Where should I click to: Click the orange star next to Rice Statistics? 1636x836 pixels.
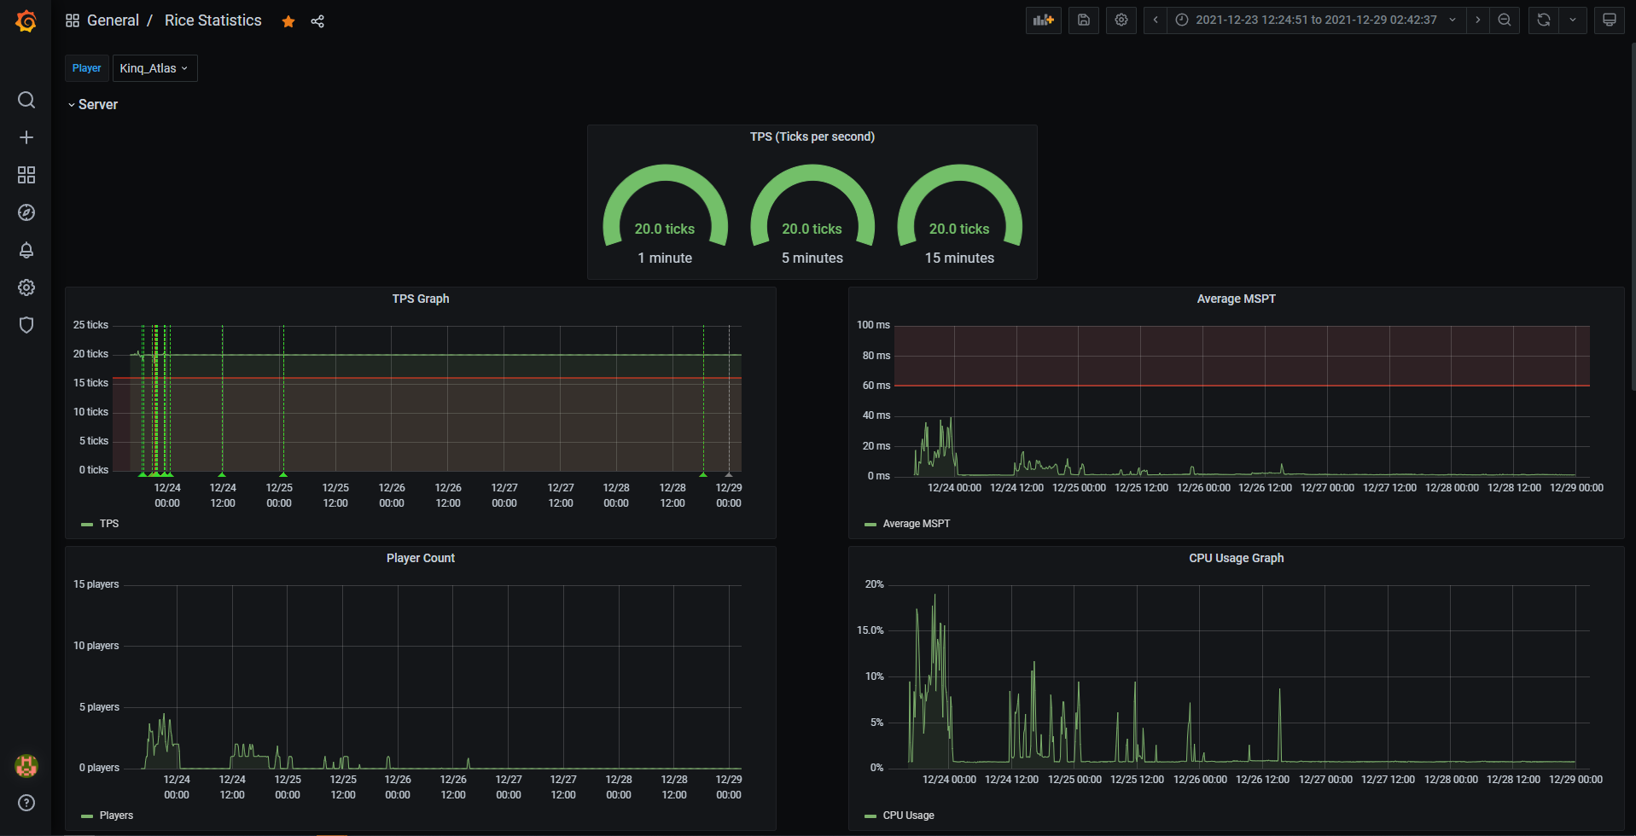point(288,21)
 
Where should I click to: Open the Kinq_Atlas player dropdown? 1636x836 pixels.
point(154,68)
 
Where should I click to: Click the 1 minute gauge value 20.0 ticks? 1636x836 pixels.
point(665,229)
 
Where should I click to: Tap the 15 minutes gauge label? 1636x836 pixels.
point(959,258)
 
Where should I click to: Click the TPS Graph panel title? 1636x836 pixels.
point(421,299)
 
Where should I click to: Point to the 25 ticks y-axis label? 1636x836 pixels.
point(90,325)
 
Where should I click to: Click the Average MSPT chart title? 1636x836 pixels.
point(1236,299)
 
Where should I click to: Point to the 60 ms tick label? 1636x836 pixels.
point(876,386)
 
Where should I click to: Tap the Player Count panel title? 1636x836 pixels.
point(421,558)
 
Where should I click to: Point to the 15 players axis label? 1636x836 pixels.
point(96,584)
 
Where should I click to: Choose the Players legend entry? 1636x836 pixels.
point(108,816)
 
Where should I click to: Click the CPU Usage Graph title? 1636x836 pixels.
point(1236,558)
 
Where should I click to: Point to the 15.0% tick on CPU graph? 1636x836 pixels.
point(870,630)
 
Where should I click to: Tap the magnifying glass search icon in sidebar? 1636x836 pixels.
point(26,100)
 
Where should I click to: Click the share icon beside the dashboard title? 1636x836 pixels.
point(317,21)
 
